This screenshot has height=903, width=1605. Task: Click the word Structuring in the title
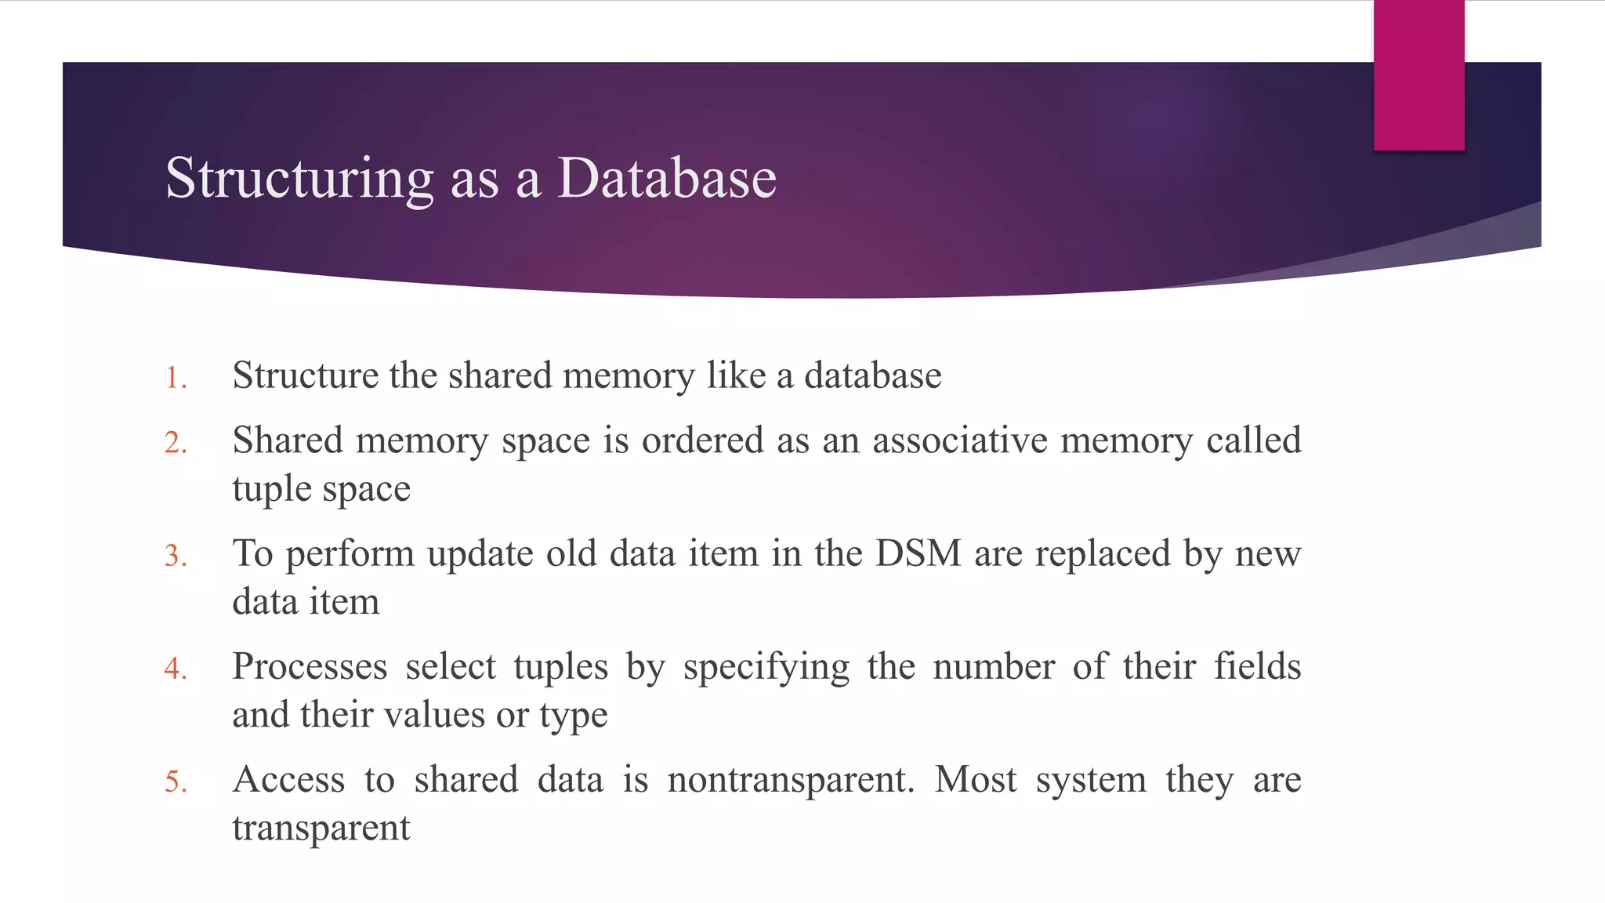point(299,180)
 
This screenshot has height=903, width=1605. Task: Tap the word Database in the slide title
point(666,178)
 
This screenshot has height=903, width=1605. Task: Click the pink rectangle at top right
point(1418,75)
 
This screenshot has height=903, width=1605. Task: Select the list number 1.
point(176,379)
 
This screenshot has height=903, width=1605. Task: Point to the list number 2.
point(176,443)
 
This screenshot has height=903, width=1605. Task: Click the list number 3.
point(176,556)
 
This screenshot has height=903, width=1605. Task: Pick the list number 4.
point(176,669)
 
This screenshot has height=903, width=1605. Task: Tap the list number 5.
point(176,782)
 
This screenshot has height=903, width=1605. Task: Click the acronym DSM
point(918,553)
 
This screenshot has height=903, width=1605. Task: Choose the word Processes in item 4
point(310,666)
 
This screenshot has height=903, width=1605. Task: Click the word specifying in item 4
point(766,668)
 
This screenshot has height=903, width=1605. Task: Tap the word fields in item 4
point(1257,666)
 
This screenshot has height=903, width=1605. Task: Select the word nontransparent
point(791,779)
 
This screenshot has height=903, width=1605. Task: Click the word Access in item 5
point(288,779)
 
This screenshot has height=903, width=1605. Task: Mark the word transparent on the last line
point(321,829)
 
